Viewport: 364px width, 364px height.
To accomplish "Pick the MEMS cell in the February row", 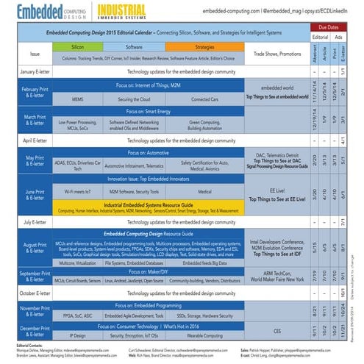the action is [77, 98].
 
